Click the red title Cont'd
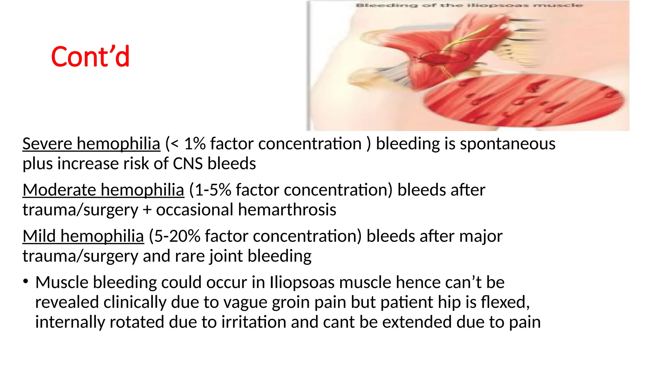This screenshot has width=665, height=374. (90, 57)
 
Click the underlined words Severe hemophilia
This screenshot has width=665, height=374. (91, 144)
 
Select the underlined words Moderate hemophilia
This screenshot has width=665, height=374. (103, 190)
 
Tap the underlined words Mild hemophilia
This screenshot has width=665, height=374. (83, 236)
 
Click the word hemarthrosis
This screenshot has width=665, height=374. (287, 210)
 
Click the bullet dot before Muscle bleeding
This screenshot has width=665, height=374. (26, 281)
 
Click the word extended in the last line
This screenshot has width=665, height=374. (417, 322)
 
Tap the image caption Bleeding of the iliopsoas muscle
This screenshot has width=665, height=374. (469, 5)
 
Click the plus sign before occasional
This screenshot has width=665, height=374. (147, 210)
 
